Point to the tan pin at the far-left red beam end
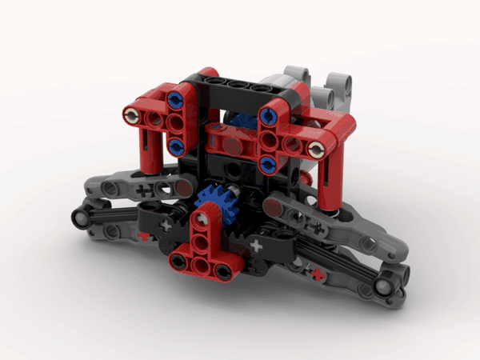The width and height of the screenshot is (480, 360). [x=130, y=116]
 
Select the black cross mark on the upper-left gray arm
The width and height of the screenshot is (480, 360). [x=145, y=190]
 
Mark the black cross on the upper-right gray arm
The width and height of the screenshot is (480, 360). [x=318, y=229]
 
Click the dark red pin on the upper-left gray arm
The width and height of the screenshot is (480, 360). [x=183, y=188]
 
